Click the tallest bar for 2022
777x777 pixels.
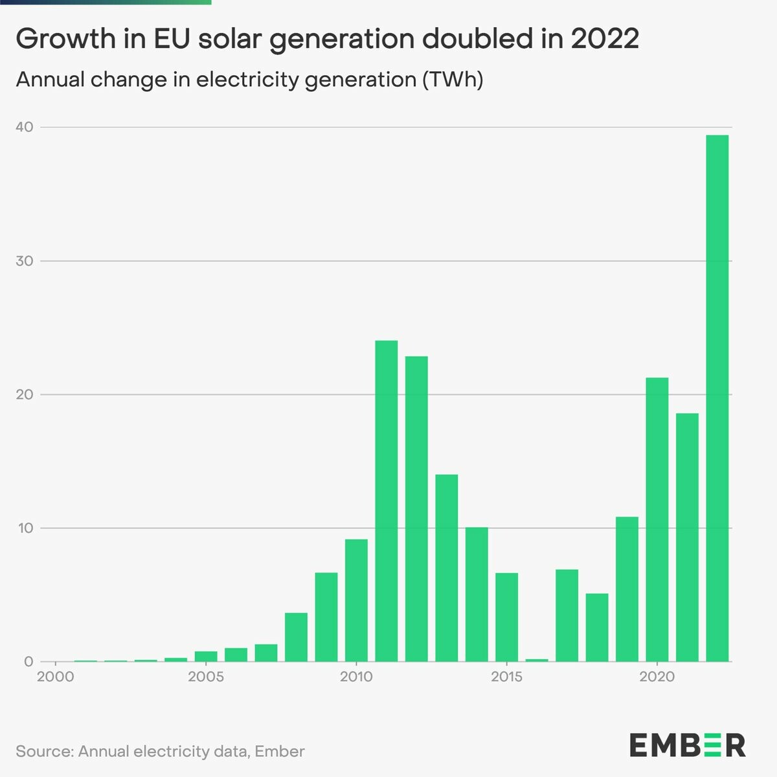pos(717,398)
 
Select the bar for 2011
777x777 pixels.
pos(387,501)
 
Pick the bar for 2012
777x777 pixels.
pos(416,509)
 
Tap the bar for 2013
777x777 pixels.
pos(447,568)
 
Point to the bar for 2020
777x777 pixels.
pos(657,519)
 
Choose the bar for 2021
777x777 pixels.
pos(687,537)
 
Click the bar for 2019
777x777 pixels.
pos(627,589)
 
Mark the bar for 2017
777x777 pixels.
pos(567,615)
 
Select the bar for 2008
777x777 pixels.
pos(296,637)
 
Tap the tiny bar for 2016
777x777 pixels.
pos(537,660)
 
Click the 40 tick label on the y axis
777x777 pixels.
pos(24,127)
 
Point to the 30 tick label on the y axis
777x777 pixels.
pos(24,261)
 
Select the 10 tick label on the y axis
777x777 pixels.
pos(24,528)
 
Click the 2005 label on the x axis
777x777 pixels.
pos(206,677)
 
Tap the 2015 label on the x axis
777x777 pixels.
pos(506,677)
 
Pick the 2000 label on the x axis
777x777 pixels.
pos(56,677)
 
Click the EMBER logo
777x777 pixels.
pos(687,745)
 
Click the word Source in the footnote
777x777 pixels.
pos(43,751)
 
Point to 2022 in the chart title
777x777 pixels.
pos(605,39)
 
